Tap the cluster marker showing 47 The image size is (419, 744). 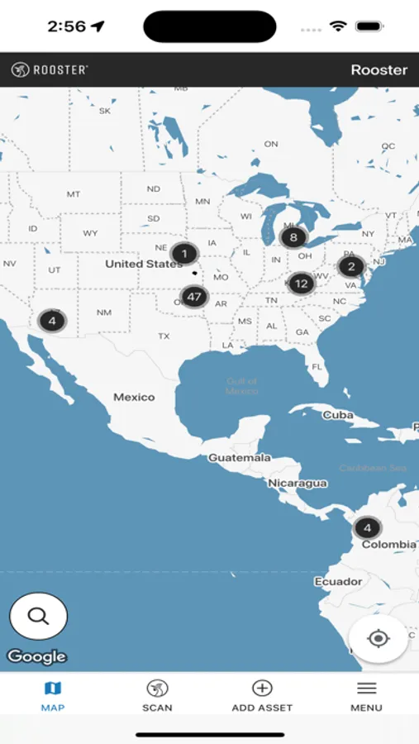click(x=194, y=296)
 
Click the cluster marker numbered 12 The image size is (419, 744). click(x=301, y=284)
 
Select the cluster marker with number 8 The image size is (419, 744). click(x=293, y=238)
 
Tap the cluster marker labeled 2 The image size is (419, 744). click(x=351, y=266)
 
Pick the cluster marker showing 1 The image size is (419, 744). click(x=184, y=253)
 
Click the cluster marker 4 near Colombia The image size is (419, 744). click(x=368, y=527)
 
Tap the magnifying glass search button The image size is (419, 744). click(x=38, y=616)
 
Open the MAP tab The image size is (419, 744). click(x=53, y=695)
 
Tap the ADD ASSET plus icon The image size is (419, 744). click(x=262, y=689)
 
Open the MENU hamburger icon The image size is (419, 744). click(x=366, y=689)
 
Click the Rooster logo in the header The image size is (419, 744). click(x=50, y=70)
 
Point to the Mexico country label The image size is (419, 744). click(x=134, y=397)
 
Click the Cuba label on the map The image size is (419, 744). click(x=338, y=414)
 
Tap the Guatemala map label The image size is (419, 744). click(x=240, y=457)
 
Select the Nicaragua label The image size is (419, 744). click(x=298, y=483)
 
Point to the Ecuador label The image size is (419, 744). click(x=338, y=581)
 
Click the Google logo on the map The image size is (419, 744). click(x=36, y=657)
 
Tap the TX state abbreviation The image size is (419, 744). click(x=164, y=336)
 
